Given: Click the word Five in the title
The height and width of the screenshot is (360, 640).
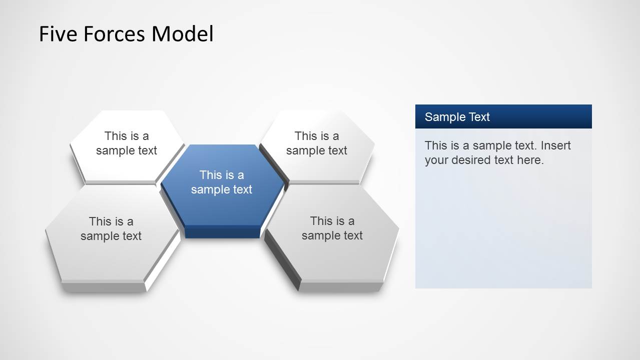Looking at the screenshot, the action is click(58, 34).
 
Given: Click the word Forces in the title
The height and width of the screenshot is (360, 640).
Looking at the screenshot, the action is click(114, 34).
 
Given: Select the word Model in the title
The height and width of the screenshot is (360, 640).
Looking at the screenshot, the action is click(182, 34).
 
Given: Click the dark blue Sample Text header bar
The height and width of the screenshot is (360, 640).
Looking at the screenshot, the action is click(503, 116).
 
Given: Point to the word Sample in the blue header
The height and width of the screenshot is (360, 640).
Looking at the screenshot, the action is click(442, 117).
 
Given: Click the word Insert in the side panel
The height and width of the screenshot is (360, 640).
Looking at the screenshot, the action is click(556, 145).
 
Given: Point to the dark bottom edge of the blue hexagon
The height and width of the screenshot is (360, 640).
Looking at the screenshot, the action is click(223, 232).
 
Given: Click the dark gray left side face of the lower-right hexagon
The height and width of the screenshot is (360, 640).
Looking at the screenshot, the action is click(282, 259).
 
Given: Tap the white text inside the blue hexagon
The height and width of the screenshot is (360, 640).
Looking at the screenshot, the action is click(222, 182).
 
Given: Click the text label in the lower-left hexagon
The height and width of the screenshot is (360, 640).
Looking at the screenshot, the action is click(111, 228).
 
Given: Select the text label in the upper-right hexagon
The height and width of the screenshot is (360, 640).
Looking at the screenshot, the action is click(317, 143).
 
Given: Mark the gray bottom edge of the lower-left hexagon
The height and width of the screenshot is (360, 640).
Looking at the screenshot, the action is click(104, 287).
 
